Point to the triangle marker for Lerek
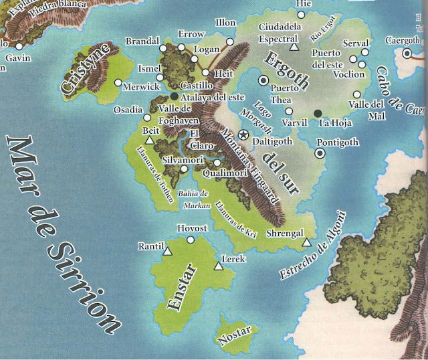[218, 267]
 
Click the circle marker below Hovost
[191, 240]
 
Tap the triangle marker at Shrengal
[306, 242]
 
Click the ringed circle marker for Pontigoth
[320, 153]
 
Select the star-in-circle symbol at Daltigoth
[243, 135]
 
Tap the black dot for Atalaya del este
[175, 96]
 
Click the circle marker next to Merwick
[118, 83]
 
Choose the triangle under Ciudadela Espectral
[293, 48]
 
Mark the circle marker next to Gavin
[20, 46]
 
